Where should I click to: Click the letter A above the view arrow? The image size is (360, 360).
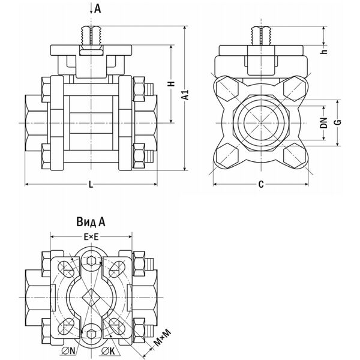(x=98, y=8)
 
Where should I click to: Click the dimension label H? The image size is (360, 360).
(x=170, y=86)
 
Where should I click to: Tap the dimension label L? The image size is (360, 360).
(x=90, y=185)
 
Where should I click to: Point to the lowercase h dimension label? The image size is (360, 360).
(x=323, y=52)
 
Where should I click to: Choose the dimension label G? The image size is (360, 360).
(x=338, y=123)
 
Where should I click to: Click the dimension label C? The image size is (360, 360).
(x=261, y=185)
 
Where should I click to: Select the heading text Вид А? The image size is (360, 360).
(x=91, y=221)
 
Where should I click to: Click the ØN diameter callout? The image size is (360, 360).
(x=69, y=351)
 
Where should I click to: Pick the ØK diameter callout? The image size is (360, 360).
(x=107, y=351)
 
